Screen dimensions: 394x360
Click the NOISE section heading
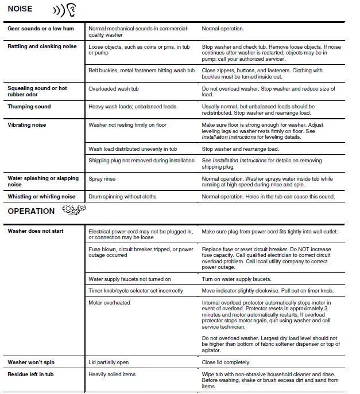[x=20, y=9]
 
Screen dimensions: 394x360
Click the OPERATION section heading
[x=31, y=211]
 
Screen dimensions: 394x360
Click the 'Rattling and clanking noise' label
[x=42, y=46]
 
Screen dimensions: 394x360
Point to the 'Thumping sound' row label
[x=29, y=107]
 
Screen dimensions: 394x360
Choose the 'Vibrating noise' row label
[x=27, y=124]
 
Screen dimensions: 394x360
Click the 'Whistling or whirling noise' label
[x=41, y=197]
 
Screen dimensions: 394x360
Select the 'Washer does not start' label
[x=36, y=231]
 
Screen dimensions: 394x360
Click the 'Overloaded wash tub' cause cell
[x=114, y=89]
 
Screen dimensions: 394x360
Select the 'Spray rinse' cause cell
[x=103, y=178]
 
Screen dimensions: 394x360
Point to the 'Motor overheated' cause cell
[x=109, y=302]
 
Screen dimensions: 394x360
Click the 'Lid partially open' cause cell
[x=109, y=362]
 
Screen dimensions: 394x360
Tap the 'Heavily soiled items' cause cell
[x=112, y=375]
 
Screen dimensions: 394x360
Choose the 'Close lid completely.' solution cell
[x=226, y=362]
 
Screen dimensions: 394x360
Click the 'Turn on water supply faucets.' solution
[x=237, y=279]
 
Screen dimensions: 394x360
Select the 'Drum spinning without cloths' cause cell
[x=122, y=197]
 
